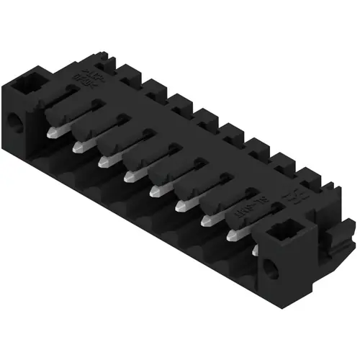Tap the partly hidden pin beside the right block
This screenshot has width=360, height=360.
(x=257, y=250)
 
